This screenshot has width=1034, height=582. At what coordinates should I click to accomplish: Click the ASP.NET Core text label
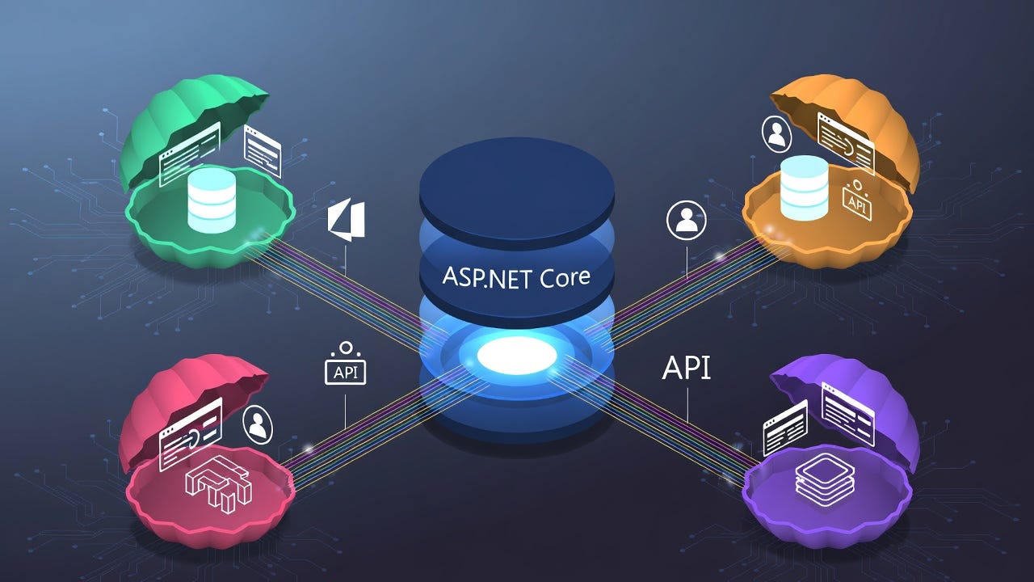pyautogui.click(x=516, y=277)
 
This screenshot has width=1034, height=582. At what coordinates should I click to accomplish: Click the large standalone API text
pyautogui.click(x=686, y=368)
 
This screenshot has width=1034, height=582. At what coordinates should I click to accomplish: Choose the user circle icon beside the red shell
pyautogui.click(x=258, y=424)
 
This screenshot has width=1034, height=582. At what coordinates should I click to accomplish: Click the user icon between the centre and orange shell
pyautogui.click(x=687, y=221)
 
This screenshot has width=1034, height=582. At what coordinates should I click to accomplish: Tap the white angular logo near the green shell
pyautogui.click(x=347, y=220)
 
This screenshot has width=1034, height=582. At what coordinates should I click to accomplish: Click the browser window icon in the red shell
pyautogui.click(x=191, y=433)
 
